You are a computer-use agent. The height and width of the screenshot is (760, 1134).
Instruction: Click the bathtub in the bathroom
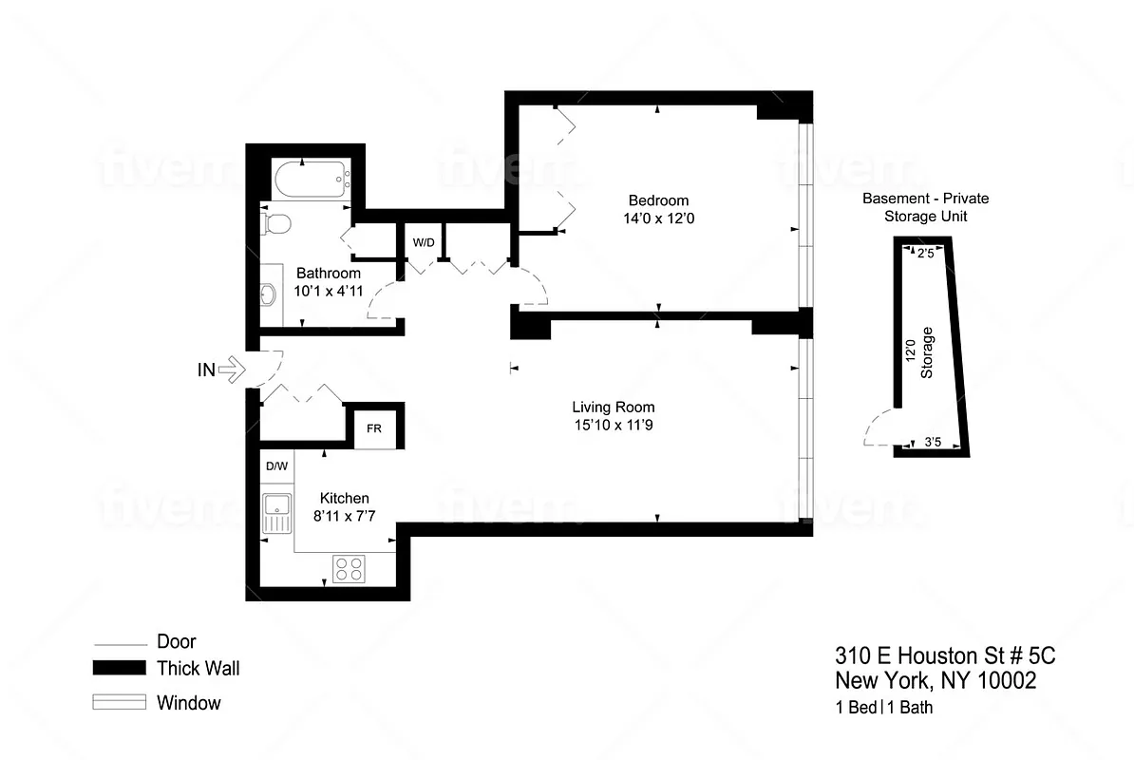point(311,180)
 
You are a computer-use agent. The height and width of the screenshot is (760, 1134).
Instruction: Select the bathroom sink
point(268,294)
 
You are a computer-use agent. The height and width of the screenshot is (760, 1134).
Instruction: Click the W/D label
point(423,242)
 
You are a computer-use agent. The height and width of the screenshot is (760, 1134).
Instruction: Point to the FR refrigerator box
point(374,428)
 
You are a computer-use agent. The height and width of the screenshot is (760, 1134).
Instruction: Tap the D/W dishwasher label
point(276,466)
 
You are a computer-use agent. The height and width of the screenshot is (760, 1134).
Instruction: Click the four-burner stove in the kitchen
point(348,568)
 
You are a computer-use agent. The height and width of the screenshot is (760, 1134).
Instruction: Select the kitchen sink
point(277,513)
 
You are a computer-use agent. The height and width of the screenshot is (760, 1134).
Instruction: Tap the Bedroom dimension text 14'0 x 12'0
point(658,218)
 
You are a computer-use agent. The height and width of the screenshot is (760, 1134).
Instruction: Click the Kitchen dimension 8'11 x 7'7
point(344,516)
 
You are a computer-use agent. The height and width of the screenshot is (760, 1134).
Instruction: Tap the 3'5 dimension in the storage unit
point(933,443)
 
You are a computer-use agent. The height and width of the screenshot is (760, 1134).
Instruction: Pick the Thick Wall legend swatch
point(119,668)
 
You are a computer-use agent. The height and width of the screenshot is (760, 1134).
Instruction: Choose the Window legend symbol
point(119,703)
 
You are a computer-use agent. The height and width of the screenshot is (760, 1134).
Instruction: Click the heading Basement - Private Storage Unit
point(925,207)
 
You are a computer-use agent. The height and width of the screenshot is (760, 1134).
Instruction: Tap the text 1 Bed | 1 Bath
point(883,707)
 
